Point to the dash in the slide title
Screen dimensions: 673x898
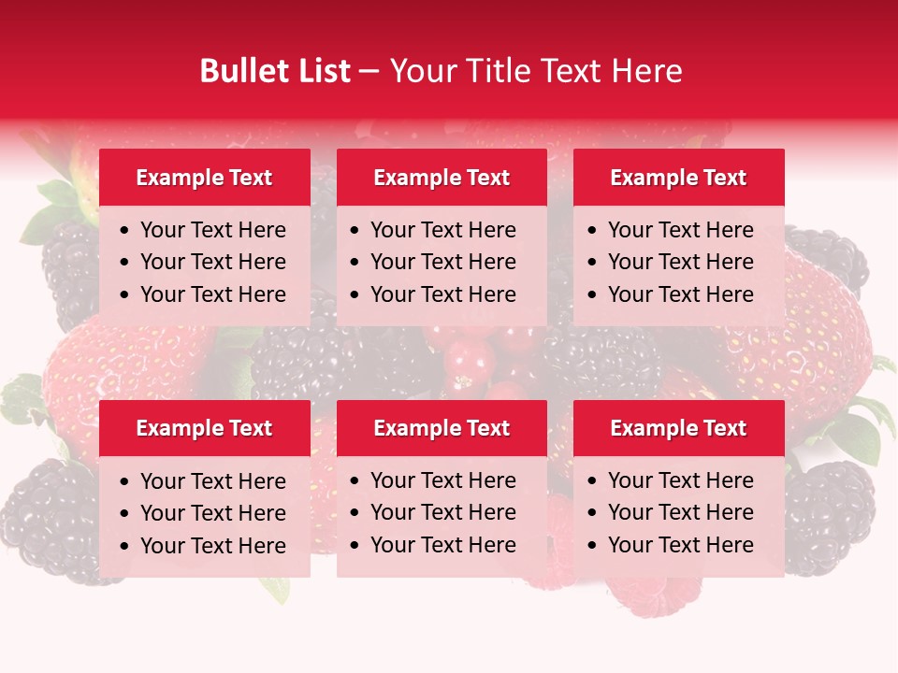[x=369, y=72]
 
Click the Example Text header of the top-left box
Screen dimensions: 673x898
[x=204, y=178]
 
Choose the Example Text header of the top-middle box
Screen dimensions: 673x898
[x=442, y=178]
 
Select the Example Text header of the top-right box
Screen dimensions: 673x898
[x=678, y=178]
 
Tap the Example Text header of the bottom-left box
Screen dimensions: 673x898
[x=204, y=428]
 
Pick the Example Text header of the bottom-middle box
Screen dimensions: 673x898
[x=442, y=428]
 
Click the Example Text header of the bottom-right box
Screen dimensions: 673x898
[x=678, y=428]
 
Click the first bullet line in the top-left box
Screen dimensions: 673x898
[x=212, y=230]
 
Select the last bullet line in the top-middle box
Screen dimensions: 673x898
[x=442, y=294]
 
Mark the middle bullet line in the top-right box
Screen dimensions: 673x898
[x=680, y=262]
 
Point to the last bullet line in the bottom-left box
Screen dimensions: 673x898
[x=212, y=545]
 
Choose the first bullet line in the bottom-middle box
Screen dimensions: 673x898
[x=442, y=480]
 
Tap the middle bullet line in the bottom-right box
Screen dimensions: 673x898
[x=680, y=512]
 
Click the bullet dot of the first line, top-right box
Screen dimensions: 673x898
[x=593, y=230]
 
